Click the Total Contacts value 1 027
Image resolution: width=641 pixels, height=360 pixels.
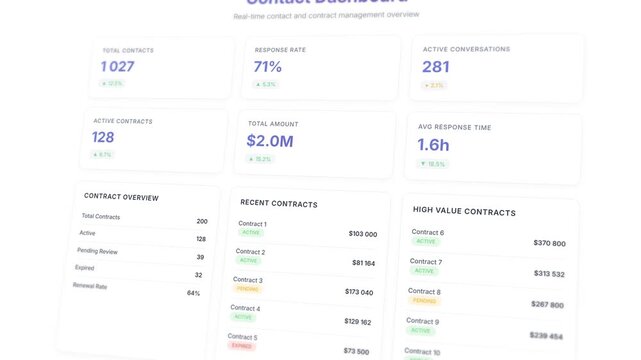coord(117,67)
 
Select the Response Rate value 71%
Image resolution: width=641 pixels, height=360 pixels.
coord(268,67)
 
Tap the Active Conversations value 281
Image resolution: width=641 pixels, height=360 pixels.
coord(436,67)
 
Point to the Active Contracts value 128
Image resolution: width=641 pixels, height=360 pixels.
coord(103,137)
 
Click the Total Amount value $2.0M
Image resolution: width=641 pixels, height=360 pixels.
coord(270,141)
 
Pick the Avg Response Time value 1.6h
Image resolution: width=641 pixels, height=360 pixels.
coord(433,145)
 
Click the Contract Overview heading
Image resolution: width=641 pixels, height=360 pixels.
coord(121,197)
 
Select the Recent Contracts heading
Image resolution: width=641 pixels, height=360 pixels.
coord(279,203)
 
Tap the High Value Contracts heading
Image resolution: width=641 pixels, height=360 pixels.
coord(464,212)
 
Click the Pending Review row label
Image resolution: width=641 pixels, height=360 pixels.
coord(98,250)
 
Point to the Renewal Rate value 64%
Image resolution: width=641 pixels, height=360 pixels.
coord(193,293)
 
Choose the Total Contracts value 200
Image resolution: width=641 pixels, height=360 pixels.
coord(202,221)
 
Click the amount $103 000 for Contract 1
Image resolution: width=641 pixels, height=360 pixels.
coord(362,234)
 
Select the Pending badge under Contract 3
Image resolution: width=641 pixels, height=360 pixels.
coord(247,289)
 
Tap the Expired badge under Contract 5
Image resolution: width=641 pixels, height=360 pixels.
coord(241,346)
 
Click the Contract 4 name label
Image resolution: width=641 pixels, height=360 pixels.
coord(245,308)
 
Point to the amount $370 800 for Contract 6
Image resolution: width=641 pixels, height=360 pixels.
coord(549,243)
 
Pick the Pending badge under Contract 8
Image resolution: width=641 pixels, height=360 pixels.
coord(423,300)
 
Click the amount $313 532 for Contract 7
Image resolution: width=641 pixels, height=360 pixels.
coord(548,274)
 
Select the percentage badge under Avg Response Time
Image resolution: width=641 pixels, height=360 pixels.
coord(433,164)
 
